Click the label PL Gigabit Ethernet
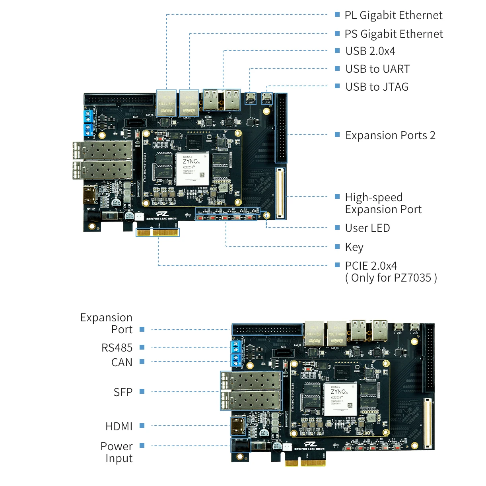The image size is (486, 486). (393, 16)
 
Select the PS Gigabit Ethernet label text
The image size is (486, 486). (393, 34)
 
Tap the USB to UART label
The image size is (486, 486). (377, 69)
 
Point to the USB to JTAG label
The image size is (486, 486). (377, 87)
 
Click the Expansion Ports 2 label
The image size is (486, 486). (390, 136)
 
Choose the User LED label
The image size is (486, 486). (367, 228)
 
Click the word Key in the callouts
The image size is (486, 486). (354, 247)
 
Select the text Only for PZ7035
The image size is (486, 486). (391, 278)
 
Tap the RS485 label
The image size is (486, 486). (117, 348)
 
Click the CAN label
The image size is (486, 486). (122, 363)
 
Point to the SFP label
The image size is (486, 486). (123, 393)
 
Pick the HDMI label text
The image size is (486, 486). (119, 427)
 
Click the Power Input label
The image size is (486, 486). (117, 452)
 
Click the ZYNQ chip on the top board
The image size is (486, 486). (192, 168)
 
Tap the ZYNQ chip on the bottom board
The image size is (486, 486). (340, 399)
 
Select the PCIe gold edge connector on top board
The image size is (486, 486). (158, 232)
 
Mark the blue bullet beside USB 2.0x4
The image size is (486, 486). (337, 51)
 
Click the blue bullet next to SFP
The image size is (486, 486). (142, 392)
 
